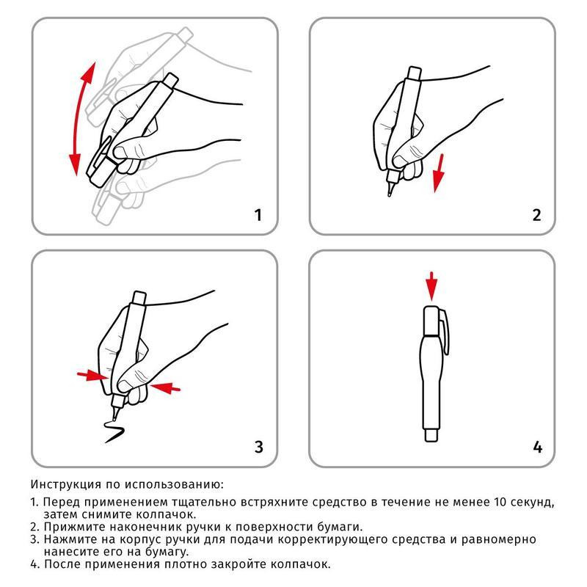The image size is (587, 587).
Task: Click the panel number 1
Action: [x=258, y=215]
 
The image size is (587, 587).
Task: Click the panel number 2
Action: [x=536, y=215]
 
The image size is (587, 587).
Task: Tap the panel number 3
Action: [x=258, y=446]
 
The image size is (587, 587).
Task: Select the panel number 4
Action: [x=537, y=446]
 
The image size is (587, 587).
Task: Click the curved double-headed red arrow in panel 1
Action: [x=79, y=117]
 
